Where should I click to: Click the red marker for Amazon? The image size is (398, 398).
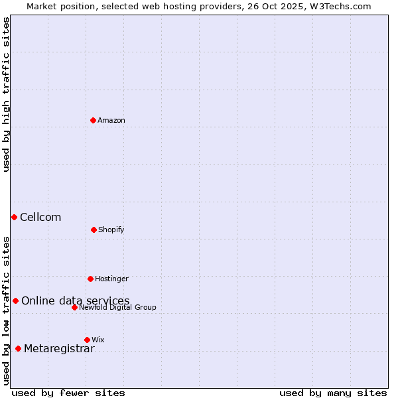pyautogui.click(x=93, y=120)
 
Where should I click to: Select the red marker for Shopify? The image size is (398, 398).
pyautogui.click(x=94, y=230)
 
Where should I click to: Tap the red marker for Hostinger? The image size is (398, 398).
pyautogui.click(x=90, y=279)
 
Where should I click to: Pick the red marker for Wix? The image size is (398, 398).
pyautogui.click(x=87, y=340)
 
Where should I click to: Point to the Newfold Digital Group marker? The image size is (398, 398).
pyautogui.click(x=74, y=307)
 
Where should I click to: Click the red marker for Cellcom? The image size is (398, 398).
pyautogui.click(x=14, y=217)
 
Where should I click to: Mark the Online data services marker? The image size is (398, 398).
pyautogui.click(x=15, y=300)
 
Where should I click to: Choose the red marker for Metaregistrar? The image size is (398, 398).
pyautogui.click(x=18, y=348)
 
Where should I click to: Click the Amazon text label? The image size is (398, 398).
pyautogui.click(x=111, y=120)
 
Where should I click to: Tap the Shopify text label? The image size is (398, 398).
pyautogui.click(x=111, y=230)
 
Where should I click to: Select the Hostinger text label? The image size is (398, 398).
pyautogui.click(x=111, y=279)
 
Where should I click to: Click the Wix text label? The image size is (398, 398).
pyautogui.click(x=98, y=340)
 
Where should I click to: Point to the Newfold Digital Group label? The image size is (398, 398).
pyautogui.click(x=117, y=307)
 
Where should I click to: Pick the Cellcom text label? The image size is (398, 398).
pyautogui.click(x=40, y=217)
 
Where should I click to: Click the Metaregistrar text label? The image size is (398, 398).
pyautogui.click(x=59, y=349)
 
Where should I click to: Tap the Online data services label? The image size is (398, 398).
pyautogui.click(x=76, y=300)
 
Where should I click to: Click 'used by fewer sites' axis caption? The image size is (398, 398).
pyautogui.click(x=68, y=393)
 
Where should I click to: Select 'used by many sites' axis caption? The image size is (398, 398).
pyautogui.click(x=333, y=393)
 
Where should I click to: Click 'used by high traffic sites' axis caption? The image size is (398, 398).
pyautogui.click(x=6, y=94)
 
